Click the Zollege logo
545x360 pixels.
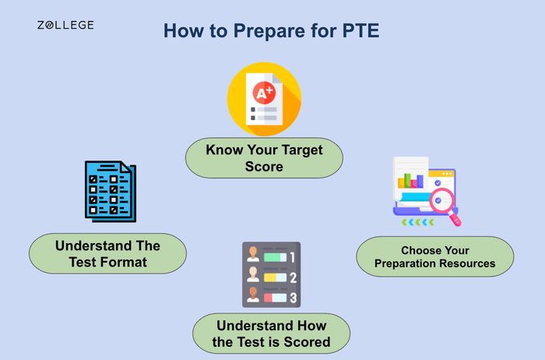click(x=65, y=25)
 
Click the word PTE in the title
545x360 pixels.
click(x=359, y=31)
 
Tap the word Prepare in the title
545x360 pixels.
click(x=255, y=31)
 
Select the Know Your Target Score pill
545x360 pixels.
click(x=265, y=157)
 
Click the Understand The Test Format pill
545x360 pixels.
click(x=107, y=254)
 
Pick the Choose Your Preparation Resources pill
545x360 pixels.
click(x=434, y=257)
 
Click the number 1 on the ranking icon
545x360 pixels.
click(x=293, y=256)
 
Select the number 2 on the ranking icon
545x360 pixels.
click(x=293, y=277)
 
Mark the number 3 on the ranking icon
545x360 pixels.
click(x=293, y=297)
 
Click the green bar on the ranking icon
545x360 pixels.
click(x=275, y=256)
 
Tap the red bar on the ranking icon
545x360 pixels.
click(x=274, y=297)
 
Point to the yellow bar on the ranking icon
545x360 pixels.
click(x=274, y=277)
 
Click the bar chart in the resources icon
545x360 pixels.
click(x=411, y=181)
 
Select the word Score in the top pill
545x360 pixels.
click(x=265, y=165)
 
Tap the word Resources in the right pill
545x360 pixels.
click(x=466, y=263)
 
